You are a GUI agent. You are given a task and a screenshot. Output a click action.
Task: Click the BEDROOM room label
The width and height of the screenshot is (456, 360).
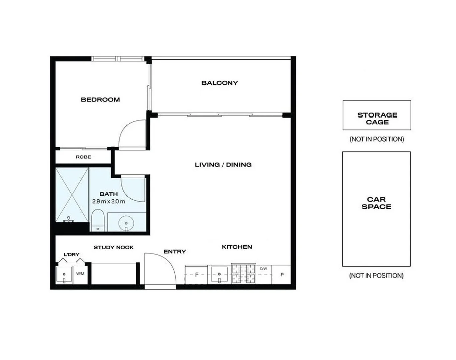[x=100, y=99]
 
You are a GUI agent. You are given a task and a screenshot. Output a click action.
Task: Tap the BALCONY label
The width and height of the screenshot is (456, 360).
[x=220, y=83]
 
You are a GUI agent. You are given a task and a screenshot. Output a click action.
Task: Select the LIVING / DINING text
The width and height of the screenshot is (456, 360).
[x=223, y=164]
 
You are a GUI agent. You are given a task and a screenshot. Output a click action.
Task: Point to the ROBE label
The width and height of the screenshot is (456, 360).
[x=83, y=157]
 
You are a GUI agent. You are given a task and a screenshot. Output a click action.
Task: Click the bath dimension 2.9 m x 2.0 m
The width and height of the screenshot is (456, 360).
[x=109, y=201]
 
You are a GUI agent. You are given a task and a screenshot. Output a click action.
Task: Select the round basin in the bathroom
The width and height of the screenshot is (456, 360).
[x=126, y=223]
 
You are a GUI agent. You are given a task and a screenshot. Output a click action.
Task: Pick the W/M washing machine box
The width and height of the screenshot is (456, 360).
[x=80, y=274]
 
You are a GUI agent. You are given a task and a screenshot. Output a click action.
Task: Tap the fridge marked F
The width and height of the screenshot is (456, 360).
[x=197, y=275]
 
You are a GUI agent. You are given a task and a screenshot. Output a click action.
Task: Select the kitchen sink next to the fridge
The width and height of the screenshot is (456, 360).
[x=219, y=275]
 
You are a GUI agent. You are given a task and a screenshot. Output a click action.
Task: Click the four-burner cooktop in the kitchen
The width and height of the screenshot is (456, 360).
[x=244, y=274]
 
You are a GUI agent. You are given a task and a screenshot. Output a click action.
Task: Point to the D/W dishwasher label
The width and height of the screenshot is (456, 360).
[x=263, y=269]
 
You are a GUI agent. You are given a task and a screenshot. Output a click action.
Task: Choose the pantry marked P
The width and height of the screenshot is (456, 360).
[x=282, y=275]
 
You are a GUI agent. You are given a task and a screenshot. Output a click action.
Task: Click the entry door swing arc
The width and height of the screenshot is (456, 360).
[x=163, y=267]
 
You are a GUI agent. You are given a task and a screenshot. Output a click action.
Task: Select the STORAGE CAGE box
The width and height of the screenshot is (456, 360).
[x=377, y=115]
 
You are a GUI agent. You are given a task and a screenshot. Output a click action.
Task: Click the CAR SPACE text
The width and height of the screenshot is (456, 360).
[x=376, y=203]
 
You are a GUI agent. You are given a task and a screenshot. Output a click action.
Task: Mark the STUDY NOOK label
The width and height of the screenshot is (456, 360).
[x=113, y=247]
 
